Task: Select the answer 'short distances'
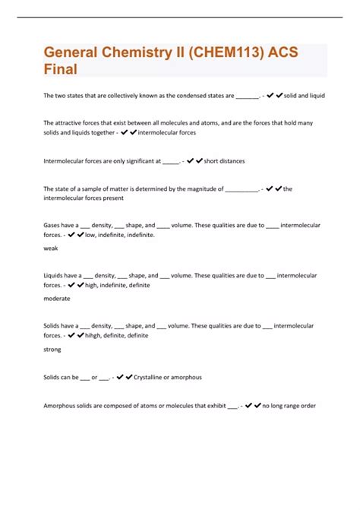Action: click(224, 161)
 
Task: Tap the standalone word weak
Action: click(51, 248)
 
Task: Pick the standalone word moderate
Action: click(58, 299)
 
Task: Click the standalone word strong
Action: click(52, 350)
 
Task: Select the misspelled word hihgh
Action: click(94, 335)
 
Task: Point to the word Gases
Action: click(53, 225)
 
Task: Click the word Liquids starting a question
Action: click(55, 276)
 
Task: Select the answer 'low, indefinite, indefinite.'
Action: click(120, 235)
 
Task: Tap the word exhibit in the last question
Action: click(211, 406)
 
